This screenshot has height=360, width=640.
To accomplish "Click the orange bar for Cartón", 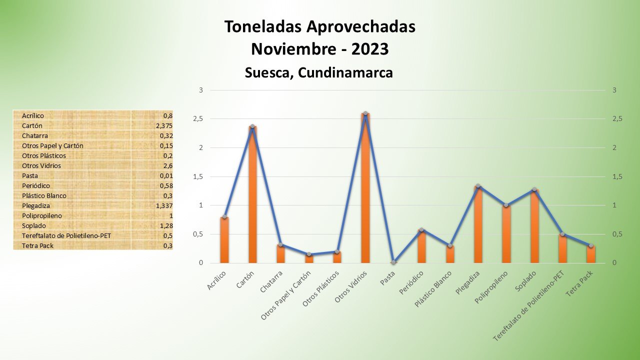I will [x=252, y=195].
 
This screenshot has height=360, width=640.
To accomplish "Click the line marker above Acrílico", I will [x=224, y=217].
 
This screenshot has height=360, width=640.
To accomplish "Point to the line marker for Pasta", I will [x=393, y=262].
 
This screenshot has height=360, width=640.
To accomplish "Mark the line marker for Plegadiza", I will [x=478, y=186].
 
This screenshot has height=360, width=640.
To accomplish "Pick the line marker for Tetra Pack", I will [x=590, y=245].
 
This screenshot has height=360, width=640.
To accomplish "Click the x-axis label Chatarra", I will [x=271, y=281].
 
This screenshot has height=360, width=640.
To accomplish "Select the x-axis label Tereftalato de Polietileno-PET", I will [x=529, y=306].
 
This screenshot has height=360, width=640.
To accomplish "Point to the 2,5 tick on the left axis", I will [x=198, y=119].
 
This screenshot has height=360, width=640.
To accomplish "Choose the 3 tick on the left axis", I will [x=201, y=90].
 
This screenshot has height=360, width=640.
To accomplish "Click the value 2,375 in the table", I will [x=163, y=125].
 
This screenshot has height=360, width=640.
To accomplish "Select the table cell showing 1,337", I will [x=163, y=205].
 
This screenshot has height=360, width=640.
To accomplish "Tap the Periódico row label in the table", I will [x=36, y=185].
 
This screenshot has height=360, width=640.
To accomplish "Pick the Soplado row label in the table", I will [x=33, y=225].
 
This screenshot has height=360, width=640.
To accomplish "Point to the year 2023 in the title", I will [x=370, y=49].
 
